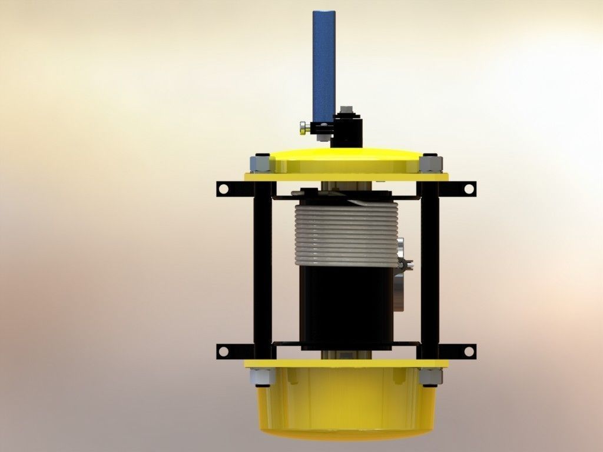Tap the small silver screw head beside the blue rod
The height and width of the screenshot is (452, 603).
click(x=303, y=127)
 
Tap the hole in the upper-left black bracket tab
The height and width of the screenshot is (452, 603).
click(x=224, y=189)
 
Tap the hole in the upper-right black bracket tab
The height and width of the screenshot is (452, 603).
click(x=469, y=189)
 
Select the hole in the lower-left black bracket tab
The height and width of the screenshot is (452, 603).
click(x=224, y=351)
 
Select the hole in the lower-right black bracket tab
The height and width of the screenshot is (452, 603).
click(x=469, y=351)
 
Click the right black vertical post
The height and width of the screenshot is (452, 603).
click(x=430, y=265)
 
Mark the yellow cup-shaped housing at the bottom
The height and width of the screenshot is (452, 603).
click(x=346, y=406)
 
